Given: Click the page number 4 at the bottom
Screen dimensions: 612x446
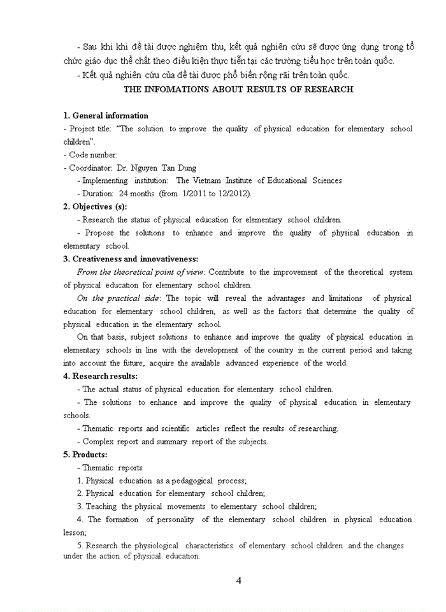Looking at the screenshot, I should tap(238, 580).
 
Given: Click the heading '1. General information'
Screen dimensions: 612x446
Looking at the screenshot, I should tap(106, 115).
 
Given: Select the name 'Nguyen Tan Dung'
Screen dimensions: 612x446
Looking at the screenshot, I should tap(164, 168).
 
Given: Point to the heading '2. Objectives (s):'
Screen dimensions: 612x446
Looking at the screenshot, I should tap(95, 207).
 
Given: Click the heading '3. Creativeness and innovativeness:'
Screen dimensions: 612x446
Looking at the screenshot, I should tap(131, 259).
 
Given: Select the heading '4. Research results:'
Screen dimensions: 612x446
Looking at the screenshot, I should tap(100, 376).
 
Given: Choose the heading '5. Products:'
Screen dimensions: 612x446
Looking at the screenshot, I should tap(85, 455).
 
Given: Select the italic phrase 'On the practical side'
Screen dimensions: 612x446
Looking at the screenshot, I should tap(119, 298).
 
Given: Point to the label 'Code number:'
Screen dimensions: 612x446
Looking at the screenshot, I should tap(93, 155).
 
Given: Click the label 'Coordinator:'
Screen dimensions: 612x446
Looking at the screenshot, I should tap(90, 168).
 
